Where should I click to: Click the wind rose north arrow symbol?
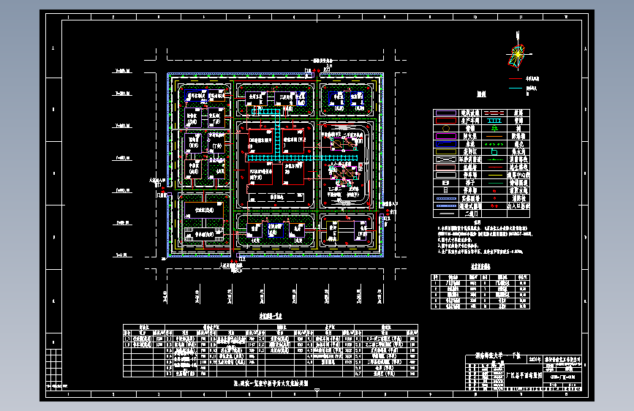pyautogui.click(x=518, y=54)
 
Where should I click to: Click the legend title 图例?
pyautogui.click(x=481, y=94)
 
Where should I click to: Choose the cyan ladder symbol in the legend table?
pyautogui.click(x=495, y=114)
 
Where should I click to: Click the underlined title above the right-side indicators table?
pyautogui.click(x=479, y=268)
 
